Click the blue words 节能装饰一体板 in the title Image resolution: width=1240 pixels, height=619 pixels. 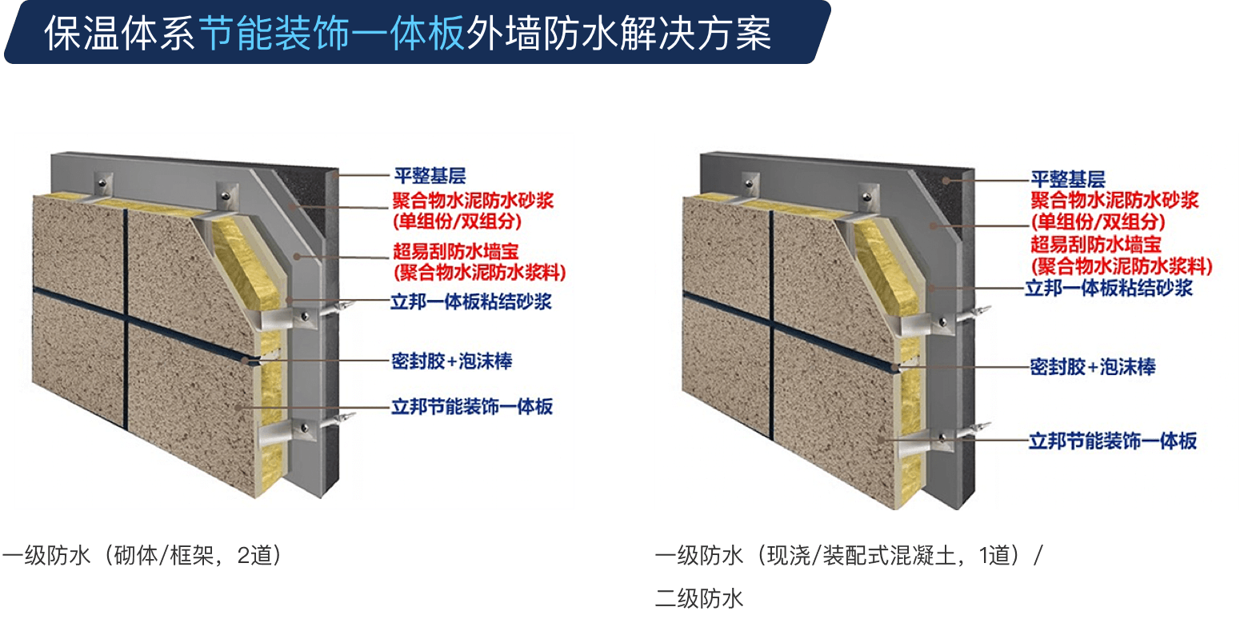(x=331, y=34)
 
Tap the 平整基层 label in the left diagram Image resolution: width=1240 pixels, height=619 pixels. (x=430, y=176)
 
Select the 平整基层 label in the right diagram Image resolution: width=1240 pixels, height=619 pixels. (x=1067, y=179)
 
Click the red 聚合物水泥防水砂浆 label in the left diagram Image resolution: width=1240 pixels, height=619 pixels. (x=474, y=200)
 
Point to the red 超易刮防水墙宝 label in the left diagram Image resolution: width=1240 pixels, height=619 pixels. (x=455, y=251)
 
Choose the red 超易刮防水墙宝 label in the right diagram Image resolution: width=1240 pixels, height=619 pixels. (x=1095, y=245)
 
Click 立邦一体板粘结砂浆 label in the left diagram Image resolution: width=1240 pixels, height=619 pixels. (x=471, y=302)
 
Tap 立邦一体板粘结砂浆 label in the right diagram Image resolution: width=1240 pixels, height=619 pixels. (x=1109, y=288)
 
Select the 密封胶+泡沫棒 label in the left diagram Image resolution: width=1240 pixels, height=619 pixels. (x=452, y=361)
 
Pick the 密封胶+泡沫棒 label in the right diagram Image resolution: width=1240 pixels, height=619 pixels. (x=1093, y=367)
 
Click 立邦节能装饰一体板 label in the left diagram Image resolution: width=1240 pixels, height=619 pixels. (x=472, y=407)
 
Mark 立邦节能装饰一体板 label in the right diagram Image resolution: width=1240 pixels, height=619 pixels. (x=1113, y=441)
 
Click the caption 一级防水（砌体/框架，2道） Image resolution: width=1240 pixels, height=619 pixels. (x=143, y=555)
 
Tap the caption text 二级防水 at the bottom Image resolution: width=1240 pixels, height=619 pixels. (x=699, y=599)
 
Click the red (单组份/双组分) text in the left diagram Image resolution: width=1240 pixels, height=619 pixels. (x=458, y=222)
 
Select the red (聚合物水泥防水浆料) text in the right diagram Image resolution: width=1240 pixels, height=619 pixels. (x=1122, y=266)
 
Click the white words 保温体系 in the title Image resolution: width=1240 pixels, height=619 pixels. (x=119, y=34)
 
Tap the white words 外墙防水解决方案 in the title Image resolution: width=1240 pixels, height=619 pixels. (x=618, y=34)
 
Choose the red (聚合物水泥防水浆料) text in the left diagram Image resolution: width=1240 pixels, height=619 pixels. (x=479, y=272)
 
